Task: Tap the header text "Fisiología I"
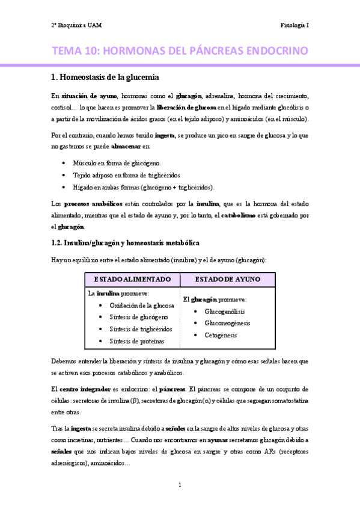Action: click(294, 26)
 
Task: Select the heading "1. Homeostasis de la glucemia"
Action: click(105, 76)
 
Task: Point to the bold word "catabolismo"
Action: click(242, 215)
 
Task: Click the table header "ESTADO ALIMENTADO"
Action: click(132, 280)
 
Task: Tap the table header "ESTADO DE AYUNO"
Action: click(227, 280)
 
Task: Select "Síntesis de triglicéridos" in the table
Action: click(141, 329)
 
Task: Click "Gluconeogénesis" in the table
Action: click(228, 323)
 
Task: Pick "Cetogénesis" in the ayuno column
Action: click(221, 335)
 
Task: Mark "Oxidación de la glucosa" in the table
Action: click(141, 306)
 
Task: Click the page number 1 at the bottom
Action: click(180, 485)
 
